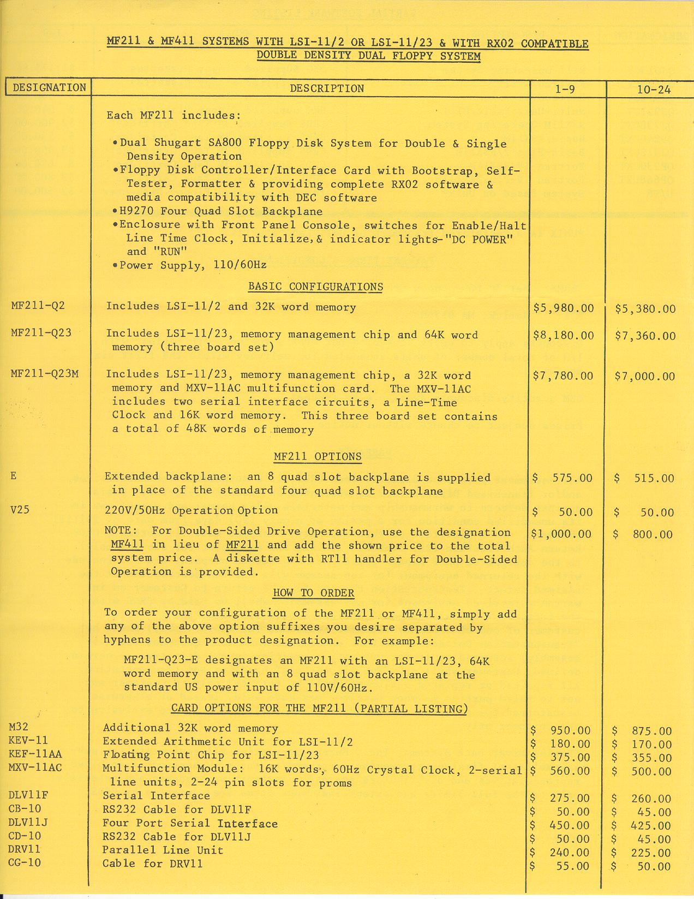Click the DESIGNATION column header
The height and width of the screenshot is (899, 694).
tap(49, 88)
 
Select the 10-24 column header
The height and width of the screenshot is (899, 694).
tap(654, 90)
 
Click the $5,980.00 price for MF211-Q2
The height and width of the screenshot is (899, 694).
tap(564, 308)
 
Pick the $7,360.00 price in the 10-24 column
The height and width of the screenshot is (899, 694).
tap(645, 336)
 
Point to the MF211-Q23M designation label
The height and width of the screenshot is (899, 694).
tap(44, 374)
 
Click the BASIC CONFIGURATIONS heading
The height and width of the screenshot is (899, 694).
tap(315, 287)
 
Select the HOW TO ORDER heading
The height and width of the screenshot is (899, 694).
tap(313, 593)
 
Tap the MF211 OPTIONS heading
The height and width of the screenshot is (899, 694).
tap(317, 456)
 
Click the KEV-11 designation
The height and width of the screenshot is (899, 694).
tap(28, 740)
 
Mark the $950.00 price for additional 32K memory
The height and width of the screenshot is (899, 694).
tap(570, 730)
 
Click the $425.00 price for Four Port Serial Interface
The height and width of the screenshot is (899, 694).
tap(649, 826)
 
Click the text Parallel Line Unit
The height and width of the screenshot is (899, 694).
tap(163, 850)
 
